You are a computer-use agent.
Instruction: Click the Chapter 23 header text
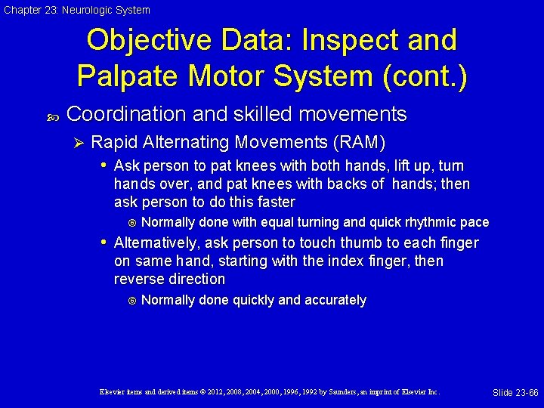point(76,10)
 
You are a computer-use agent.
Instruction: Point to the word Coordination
point(127,115)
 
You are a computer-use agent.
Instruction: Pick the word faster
point(274,202)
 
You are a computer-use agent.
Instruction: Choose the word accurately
point(335,300)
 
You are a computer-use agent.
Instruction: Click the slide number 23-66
point(515,393)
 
